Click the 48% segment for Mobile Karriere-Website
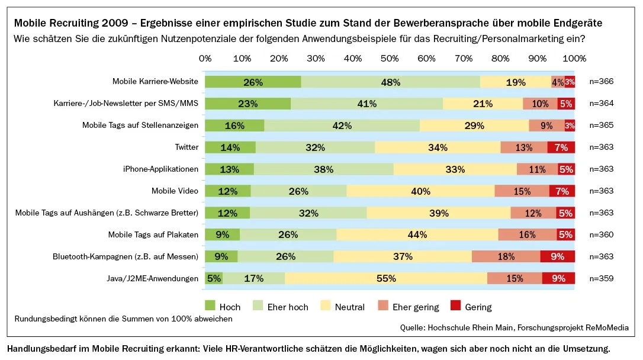pos(390,82)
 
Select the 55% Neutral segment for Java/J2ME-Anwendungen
pos(385,278)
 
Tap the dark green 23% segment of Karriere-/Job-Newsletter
pos(247,104)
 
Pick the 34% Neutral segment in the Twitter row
pos(438,147)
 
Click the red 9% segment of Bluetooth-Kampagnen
pos(558,256)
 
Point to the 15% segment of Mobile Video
pos(522,191)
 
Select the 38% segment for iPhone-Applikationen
pos(323,169)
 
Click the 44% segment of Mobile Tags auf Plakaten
pos(417,234)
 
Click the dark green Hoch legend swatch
pos(210,306)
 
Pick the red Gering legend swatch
pos(456,306)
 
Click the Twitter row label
pos(187,147)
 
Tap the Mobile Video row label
pos(175,191)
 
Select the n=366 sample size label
pos(601,82)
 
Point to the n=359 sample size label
pos(601,278)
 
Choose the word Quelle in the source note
pos(413,327)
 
